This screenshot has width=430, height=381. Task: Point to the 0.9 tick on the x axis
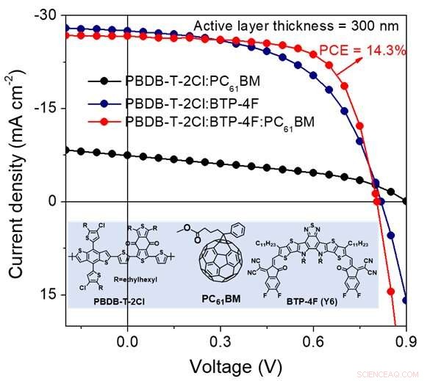coord(405,340)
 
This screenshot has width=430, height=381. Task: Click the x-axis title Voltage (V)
coord(235,365)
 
